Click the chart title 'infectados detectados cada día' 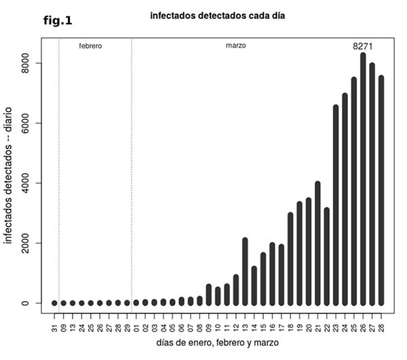[213, 15]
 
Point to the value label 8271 [363, 46]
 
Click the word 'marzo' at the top [235, 46]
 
